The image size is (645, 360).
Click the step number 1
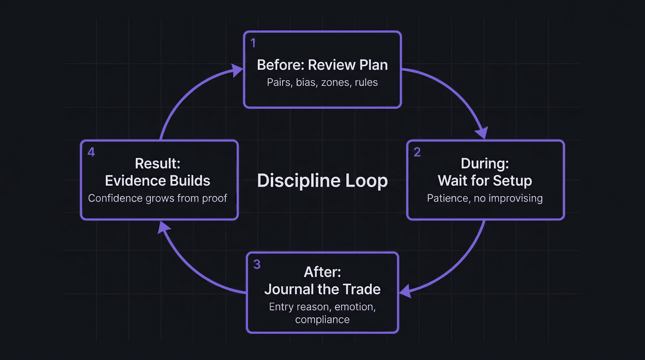pyautogui.click(x=253, y=44)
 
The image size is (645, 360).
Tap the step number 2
pyautogui.click(x=417, y=152)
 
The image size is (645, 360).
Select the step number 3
pyautogui.click(x=256, y=264)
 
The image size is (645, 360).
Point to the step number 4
pyautogui.click(x=91, y=152)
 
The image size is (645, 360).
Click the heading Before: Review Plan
pyautogui.click(x=322, y=65)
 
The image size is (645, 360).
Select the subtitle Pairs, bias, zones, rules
pyautogui.click(x=322, y=82)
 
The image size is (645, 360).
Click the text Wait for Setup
pyautogui.click(x=485, y=180)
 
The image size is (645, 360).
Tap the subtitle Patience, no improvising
pyautogui.click(x=485, y=198)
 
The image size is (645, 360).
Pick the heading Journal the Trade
pyautogui.click(x=322, y=289)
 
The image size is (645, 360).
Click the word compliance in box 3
pyautogui.click(x=322, y=320)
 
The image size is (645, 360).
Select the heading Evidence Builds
pyautogui.click(x=157, y=180)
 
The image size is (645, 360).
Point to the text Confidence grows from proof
pyautogui.click(x=157, y=198)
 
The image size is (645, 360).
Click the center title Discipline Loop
pyautogui.click(x=322, y=180)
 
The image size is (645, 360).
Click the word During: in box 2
pyautogui.click(x=485, y=163)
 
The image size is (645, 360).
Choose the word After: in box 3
pyautogui.click(x=322, y=271)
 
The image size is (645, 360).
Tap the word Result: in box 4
pyautogui.click(x=157, y=163)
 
